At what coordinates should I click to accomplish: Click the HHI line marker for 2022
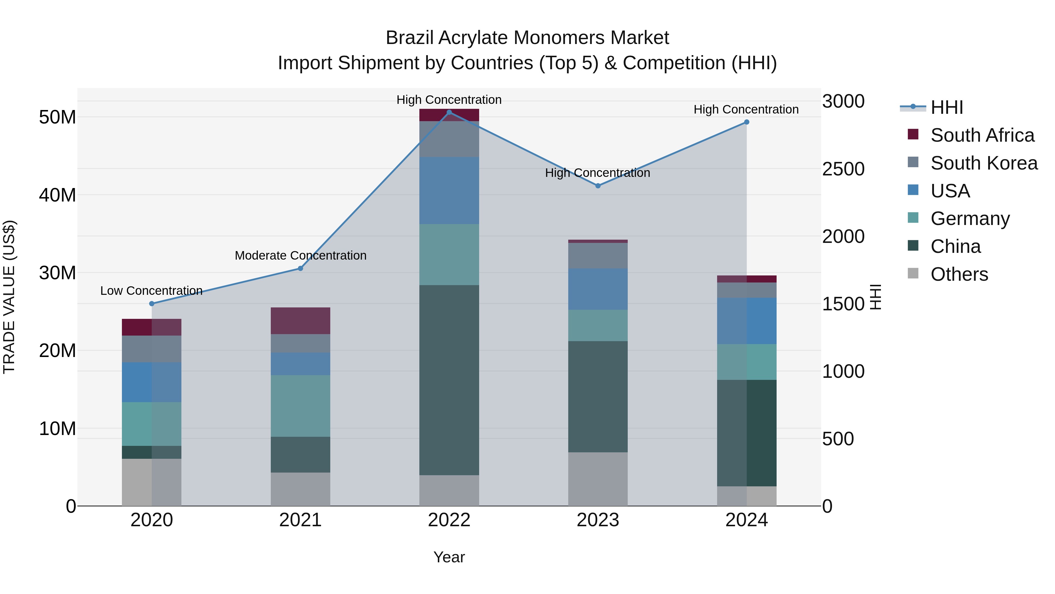449,112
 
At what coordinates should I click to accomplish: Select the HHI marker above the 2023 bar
598,186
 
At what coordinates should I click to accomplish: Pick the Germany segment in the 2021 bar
300,406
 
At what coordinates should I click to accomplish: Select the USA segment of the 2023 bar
598,289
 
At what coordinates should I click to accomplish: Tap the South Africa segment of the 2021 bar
300,321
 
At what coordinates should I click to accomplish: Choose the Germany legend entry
969,219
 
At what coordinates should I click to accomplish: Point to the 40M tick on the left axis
57,195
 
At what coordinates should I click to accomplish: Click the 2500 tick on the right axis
843,169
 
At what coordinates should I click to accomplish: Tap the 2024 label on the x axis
746,520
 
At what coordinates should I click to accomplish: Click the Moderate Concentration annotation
300,255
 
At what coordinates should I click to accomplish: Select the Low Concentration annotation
152,291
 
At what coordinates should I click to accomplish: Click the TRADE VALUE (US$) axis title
9,297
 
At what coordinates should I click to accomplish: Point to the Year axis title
449,557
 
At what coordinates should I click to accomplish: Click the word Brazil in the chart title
410,38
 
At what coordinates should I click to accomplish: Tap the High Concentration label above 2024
746,109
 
